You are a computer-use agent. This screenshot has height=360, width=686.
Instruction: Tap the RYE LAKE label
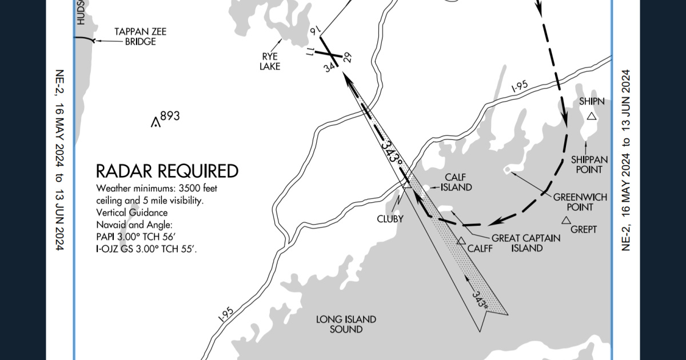[270, 61]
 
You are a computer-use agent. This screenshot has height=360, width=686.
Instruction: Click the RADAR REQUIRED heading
[166, 171]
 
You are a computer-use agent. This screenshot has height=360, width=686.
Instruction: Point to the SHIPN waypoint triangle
[592, 116]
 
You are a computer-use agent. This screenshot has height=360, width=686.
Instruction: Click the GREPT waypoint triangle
[566, 221]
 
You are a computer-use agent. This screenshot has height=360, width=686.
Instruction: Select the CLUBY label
[390, 219]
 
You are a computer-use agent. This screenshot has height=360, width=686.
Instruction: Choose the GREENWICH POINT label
[572, 201]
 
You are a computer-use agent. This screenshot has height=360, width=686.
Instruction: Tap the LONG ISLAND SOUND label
[346, 324]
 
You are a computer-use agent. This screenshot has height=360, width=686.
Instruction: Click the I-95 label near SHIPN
[519, 87]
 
